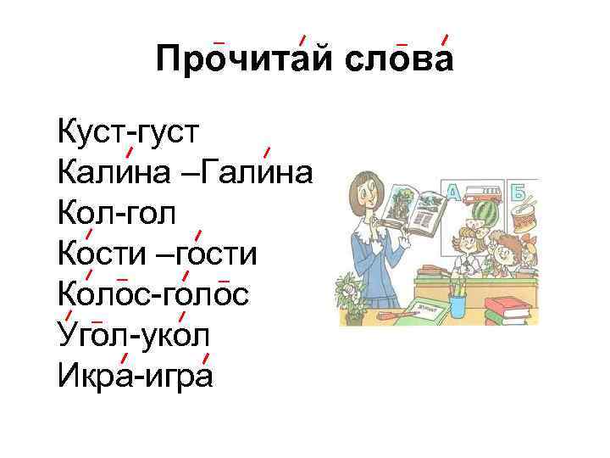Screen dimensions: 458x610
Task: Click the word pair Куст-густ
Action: tap(128, 134)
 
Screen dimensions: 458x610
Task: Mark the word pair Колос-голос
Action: tap(153, 293)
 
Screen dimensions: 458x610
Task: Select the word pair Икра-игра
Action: tap(136, 373)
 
